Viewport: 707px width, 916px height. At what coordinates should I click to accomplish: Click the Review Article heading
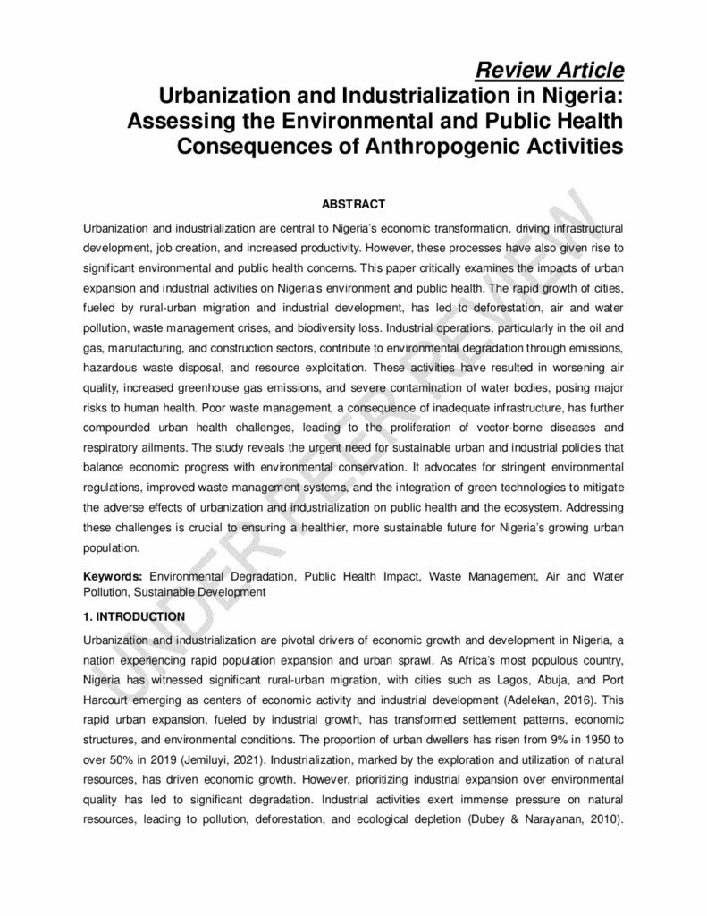549,70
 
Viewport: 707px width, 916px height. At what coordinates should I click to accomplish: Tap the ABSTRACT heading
353,205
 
